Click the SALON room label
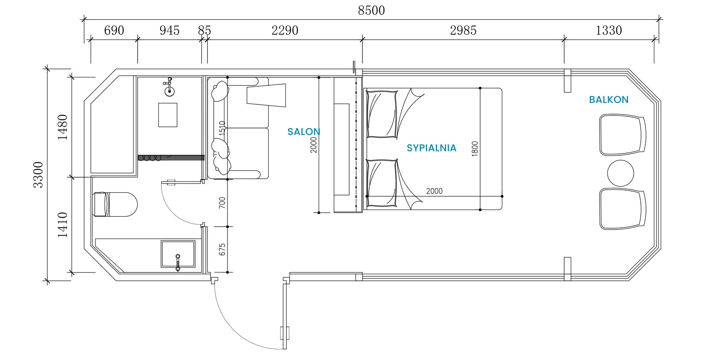coord(304,132)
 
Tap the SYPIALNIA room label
coord(431,148)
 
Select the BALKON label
coord(609,100)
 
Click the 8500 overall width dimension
coord(371,11)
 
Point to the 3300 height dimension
coord(38,175)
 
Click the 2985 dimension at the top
coord(463,31)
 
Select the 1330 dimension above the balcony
coord(609,31)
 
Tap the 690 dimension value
coord(114,31)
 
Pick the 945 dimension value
coord(169,31)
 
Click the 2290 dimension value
coord(285,31)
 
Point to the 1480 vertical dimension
coord(62,127)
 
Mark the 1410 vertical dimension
coord(62,225)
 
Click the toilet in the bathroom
coord(115,204)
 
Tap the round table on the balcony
coord(620,173)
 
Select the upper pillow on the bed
coord(381,114)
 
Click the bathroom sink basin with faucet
coord(178,254)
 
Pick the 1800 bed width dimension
coord(475,149)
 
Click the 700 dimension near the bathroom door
coord(222,203)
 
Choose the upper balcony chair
coord(622,135)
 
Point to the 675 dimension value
coord(222,249)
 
